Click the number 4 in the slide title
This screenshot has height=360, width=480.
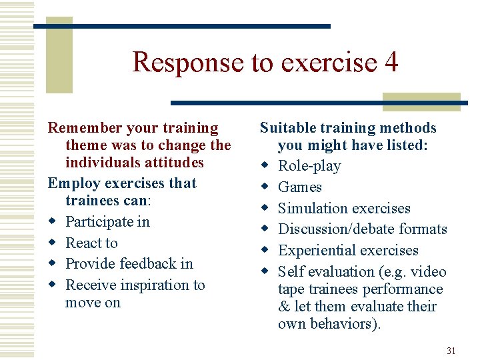coord(391,62)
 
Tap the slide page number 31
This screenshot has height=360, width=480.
coord(451,351)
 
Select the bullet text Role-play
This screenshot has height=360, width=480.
coord(309,166)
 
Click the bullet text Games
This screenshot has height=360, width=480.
coord(300,187)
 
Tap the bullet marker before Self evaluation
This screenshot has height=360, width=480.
coord(265,272)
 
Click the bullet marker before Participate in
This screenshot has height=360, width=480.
coord(52,222)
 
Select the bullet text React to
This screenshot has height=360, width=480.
coord(91,243)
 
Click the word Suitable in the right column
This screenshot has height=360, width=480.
coord(288,128)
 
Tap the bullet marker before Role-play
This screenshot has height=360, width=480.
coord(265,166)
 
